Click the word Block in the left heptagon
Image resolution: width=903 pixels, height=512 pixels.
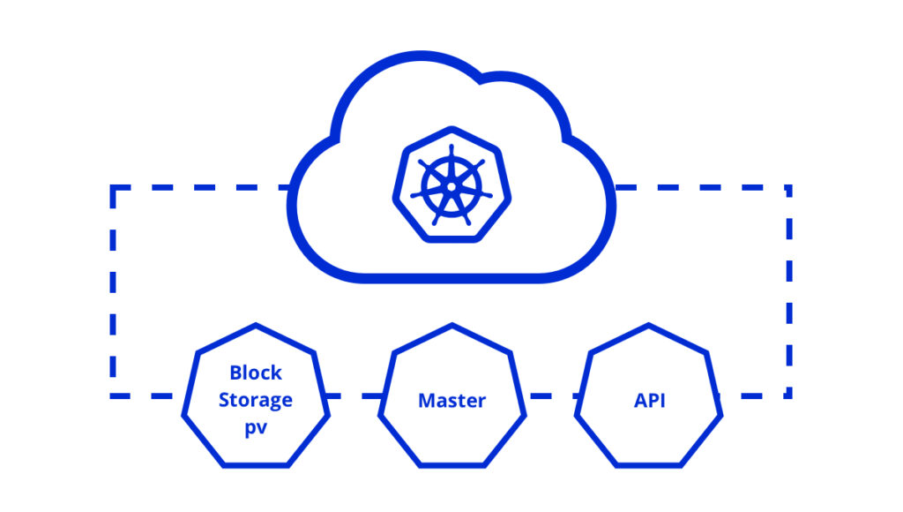(255, 372)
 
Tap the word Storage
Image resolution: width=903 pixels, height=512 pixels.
(255, 399)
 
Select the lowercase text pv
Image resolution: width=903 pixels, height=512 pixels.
(255, 426)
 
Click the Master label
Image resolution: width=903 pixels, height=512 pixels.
(451, 400)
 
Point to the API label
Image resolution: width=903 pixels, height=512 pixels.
(649, 400)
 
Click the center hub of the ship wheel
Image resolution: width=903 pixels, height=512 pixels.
(451, 186)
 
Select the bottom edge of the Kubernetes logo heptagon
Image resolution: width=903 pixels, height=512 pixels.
(451, 238)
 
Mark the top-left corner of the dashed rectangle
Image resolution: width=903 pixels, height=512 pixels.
(114, 188)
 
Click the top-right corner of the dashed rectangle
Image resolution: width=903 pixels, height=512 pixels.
(788, 188)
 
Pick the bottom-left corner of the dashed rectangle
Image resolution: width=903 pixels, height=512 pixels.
(114, 395)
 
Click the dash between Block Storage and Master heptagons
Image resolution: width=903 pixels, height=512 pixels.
(353, 395)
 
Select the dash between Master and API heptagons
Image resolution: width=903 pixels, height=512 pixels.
(550, 395)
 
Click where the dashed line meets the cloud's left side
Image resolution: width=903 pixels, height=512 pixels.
(292, 188)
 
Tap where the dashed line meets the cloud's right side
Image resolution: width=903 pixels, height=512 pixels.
(612, 188)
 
